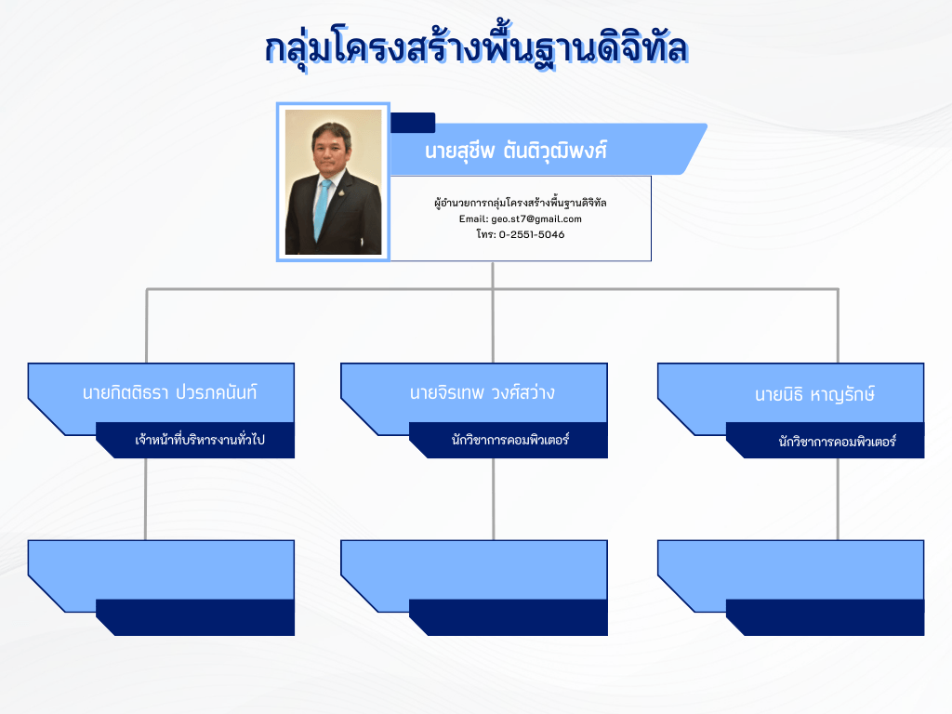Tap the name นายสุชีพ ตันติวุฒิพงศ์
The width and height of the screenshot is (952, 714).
[x=516, y=151]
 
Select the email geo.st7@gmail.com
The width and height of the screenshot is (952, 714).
[x=536, y=219]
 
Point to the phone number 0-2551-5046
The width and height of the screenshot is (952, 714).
[x=532, y=234]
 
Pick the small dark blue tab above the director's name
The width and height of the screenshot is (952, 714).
[x=413, y=123]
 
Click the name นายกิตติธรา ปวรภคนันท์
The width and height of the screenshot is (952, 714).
[x=169, y=393]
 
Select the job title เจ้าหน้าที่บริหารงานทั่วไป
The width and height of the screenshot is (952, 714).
[x=200, y=440]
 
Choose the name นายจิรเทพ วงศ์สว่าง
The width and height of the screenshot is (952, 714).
[x=483, y=393]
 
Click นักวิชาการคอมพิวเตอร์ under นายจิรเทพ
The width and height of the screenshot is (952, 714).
[x=510, y=440]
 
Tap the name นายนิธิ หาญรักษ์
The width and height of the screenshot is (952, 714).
[x=814, y=394]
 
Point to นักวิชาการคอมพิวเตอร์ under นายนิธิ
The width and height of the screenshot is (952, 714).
[x=838, y=442]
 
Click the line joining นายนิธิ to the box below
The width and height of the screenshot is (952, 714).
[x=838, y=499]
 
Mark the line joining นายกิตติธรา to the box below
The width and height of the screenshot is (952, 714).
[x=146, y=499]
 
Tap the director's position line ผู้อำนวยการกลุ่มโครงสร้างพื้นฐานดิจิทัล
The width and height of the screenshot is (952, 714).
[x=521, y=203]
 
